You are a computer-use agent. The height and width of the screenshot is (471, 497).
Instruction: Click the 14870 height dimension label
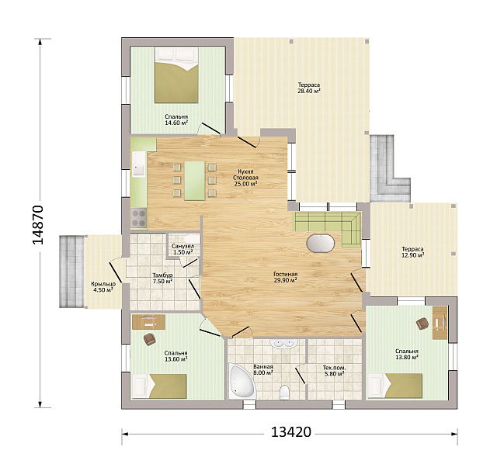(38, 224)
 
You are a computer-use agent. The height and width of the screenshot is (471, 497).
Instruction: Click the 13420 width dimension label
(291, 431)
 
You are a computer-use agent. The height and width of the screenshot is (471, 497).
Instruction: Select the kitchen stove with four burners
(138, 218)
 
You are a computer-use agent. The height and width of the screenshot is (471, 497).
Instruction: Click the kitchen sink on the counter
(138, 164)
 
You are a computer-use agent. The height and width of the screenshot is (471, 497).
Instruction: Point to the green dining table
(195, 181)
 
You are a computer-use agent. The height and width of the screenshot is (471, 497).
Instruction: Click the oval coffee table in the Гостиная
(321, 244)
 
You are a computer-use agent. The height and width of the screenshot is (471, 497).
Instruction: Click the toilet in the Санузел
(192, 238)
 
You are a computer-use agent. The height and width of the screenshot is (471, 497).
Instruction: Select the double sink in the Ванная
(283, 343)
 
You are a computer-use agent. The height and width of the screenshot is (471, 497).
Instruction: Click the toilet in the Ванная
(285, 393)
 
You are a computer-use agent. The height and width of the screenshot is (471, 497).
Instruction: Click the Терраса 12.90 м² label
(412, 252)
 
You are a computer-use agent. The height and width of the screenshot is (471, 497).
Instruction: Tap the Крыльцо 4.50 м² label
(103, 287)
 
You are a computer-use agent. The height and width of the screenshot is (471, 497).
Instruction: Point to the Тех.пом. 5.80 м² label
(334, 371)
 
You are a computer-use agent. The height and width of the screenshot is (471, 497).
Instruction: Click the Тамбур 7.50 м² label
(162, 278)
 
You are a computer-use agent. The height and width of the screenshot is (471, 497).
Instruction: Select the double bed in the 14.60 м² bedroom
(176, 75)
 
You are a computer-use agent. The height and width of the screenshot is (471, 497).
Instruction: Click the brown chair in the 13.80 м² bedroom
(422, 324)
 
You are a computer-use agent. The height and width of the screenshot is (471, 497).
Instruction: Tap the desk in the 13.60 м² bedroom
(148, 322)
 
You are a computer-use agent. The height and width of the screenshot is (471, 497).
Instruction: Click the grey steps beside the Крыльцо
(71, 272)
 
